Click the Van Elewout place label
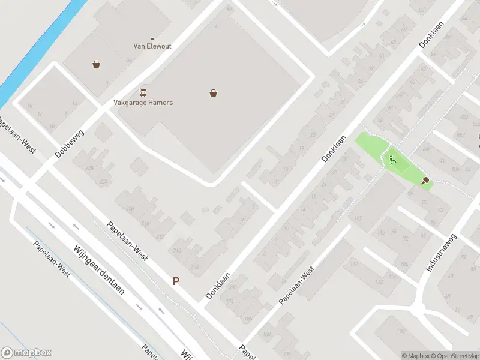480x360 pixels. [152, 46]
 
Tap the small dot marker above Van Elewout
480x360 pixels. [152, 38]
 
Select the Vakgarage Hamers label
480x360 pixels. [143, 103]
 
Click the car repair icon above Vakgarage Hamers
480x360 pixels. [143, 92]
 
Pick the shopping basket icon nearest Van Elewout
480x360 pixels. [96, 64]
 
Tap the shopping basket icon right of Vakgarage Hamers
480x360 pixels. [213, 93]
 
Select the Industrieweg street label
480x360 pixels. [441, 253]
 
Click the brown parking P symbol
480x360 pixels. [176, 280]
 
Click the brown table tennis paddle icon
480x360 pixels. [425, 180]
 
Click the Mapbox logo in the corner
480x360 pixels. [26, 353]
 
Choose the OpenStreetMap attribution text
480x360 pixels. [454, 356]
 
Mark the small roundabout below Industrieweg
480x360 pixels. [418, 310]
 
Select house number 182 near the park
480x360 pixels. [358, 217]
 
